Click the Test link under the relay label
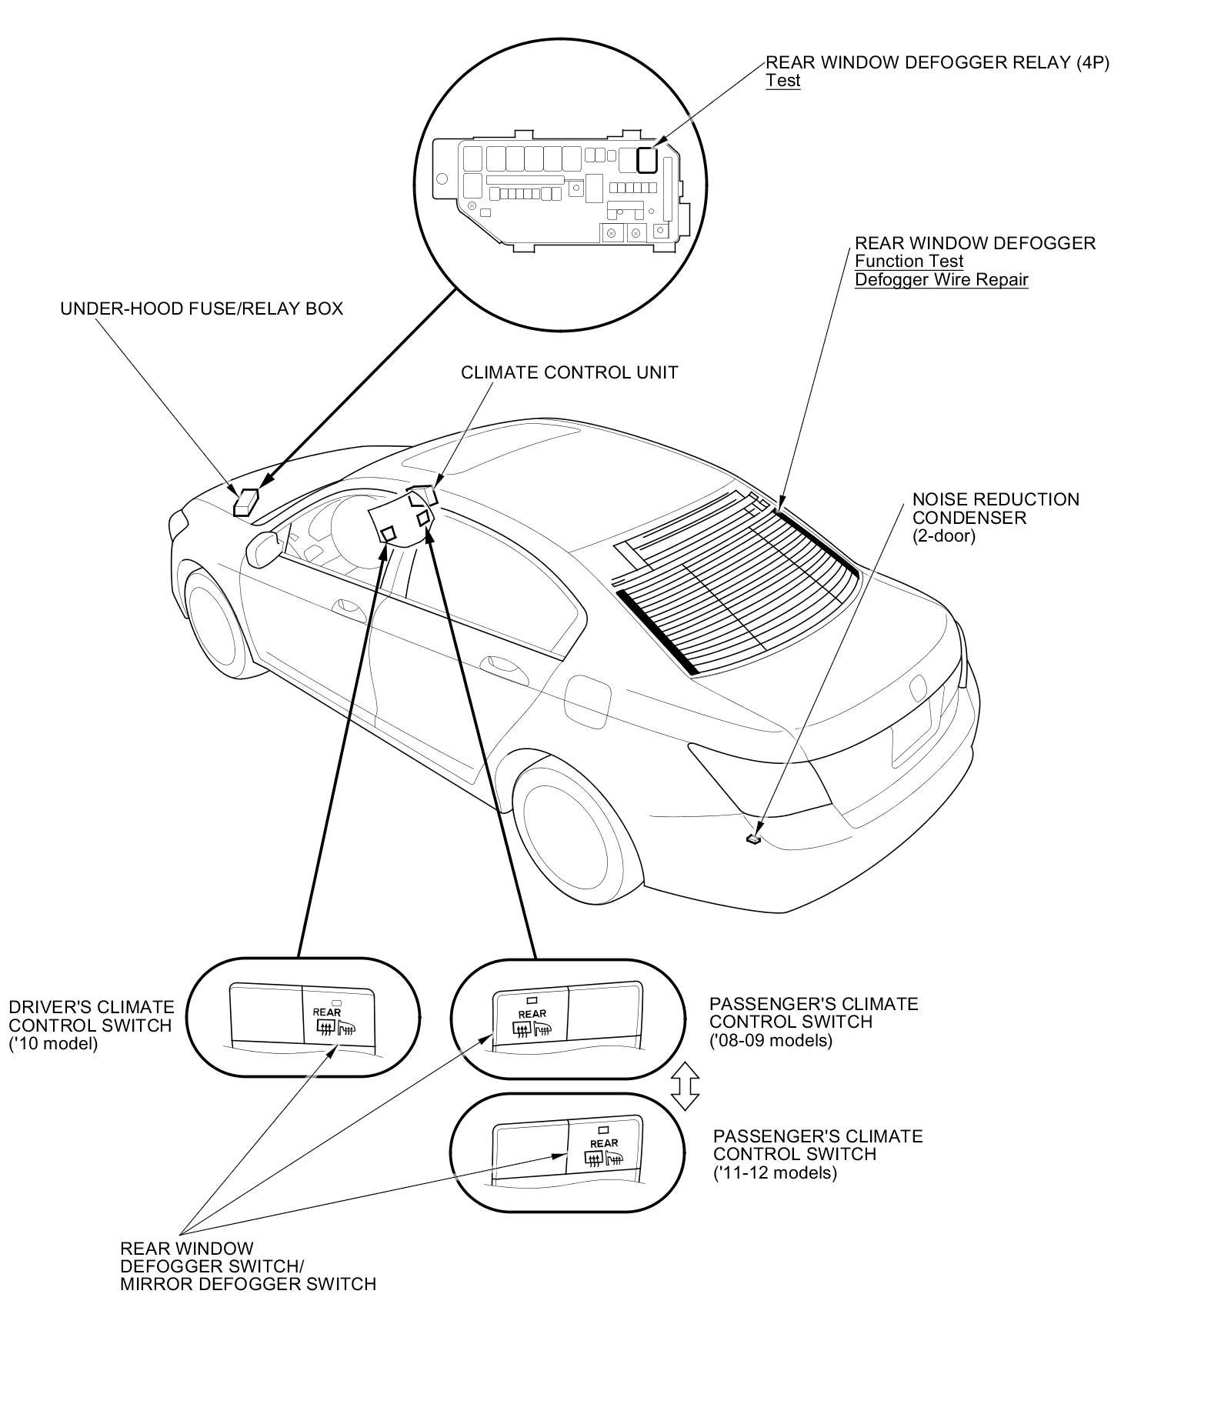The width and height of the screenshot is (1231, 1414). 782,81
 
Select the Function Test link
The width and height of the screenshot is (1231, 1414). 909,262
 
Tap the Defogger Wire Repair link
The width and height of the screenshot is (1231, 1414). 941,279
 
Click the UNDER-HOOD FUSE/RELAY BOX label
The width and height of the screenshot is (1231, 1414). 202,308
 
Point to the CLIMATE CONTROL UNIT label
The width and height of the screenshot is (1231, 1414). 569,372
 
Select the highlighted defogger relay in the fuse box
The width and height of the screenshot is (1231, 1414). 648,159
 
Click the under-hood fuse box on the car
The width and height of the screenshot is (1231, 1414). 247,501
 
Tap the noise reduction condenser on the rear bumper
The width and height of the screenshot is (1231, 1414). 754,839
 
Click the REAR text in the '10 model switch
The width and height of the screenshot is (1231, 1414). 327,1012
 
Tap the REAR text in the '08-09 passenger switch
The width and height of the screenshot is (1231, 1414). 532,1014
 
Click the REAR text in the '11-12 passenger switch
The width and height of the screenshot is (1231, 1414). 604,1144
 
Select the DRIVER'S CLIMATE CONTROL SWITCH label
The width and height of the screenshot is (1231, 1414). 92,1017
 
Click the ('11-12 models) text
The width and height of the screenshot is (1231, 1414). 775,1173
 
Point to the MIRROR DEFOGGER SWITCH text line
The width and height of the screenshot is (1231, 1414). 248,1284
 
